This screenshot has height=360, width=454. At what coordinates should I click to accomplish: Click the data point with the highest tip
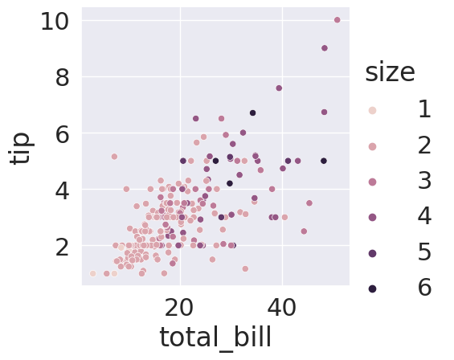(337, 20)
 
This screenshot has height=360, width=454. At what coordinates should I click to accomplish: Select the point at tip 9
(325, 48)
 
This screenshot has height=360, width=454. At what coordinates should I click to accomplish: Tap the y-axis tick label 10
(55, 22)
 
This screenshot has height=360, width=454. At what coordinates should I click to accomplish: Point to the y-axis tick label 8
(62, 78)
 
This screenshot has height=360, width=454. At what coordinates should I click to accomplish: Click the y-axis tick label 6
(62, 134)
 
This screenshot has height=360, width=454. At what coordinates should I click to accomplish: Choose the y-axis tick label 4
(62, 190)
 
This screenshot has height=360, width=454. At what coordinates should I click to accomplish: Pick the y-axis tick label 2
(62, 247)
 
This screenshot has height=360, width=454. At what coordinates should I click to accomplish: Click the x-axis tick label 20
(178, 308)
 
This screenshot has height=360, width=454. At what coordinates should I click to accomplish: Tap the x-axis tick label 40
(281, 308)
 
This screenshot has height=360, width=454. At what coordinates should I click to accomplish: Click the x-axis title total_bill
(215, 337)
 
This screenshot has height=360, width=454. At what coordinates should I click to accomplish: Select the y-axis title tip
(20, 149)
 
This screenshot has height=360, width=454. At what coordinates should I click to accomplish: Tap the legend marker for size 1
(373, 110)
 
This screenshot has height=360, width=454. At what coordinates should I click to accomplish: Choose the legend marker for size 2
(373, 146)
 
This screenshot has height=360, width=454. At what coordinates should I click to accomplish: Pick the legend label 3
(425, 181)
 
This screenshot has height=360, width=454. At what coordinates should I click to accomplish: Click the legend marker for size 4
(373, 218)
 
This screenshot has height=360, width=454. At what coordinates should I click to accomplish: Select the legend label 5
(425, 252)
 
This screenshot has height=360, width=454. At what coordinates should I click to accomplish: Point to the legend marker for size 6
(373, 288)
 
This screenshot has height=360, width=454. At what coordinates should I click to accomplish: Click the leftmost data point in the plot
(92, 273)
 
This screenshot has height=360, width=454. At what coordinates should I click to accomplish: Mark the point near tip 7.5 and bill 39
(279, 88)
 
